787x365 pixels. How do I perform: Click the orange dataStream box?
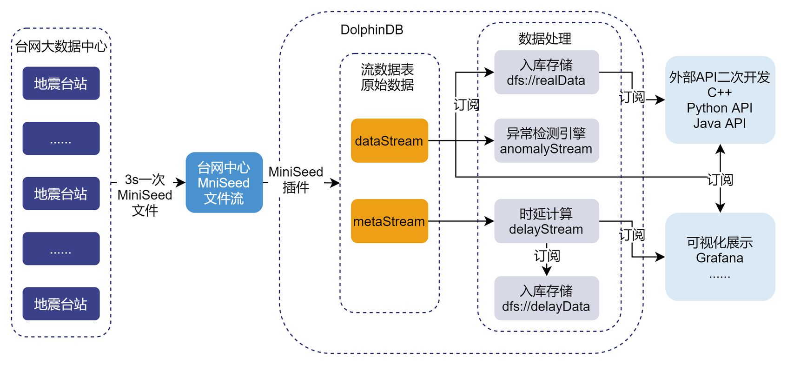click(389, 140)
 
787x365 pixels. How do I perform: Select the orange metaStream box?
click(389, 221)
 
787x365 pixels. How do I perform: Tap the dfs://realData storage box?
click(546, 72)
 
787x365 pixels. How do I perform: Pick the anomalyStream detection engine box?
click(546, 140)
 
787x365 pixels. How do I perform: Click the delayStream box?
click(546, 221)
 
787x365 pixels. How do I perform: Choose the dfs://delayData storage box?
click(546, 298)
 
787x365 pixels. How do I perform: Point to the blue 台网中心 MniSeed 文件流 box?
click(224, 182)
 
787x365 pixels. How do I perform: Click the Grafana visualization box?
click(720, 256)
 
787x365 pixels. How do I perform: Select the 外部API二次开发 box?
click(720, 100)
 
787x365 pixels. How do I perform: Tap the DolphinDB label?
click(372, 30)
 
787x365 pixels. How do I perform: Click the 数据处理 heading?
click(545, 39)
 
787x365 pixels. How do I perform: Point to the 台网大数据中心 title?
click(61, 46)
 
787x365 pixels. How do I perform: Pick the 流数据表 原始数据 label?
click(387, 77)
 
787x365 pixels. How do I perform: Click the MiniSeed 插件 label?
click(296, 179)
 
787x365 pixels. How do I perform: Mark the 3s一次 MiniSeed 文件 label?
click(145, 195)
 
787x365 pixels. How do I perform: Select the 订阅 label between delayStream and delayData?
click(547, 256)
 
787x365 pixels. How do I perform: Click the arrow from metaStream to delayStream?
click(461, 221)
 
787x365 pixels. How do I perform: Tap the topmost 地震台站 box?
click(61, 83)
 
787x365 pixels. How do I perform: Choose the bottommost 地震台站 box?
click(61, 304)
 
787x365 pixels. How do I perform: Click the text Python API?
click(720, 108)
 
